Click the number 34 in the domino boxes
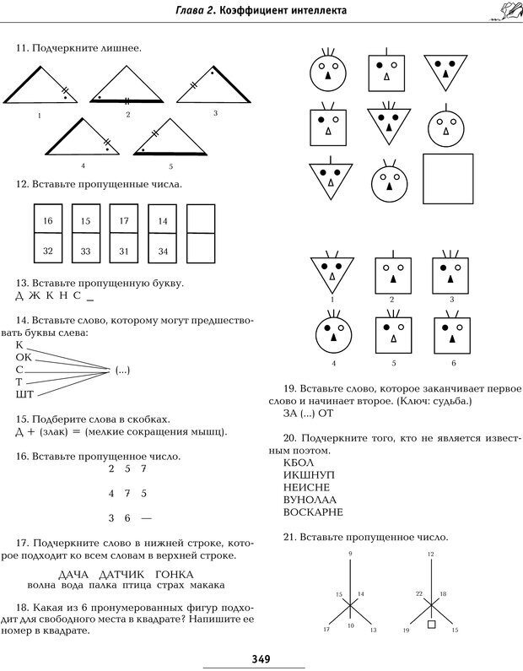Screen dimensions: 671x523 tap(163, 251)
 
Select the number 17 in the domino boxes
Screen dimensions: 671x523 tap(124, 220)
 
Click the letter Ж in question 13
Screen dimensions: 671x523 tap(35, 296)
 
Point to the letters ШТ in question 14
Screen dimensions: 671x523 tap(24, 394)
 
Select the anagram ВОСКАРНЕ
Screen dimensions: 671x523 tap(315, 511)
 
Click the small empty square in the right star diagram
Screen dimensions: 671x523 tap(431, 625)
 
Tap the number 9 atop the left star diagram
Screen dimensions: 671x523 tap(349, 552)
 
